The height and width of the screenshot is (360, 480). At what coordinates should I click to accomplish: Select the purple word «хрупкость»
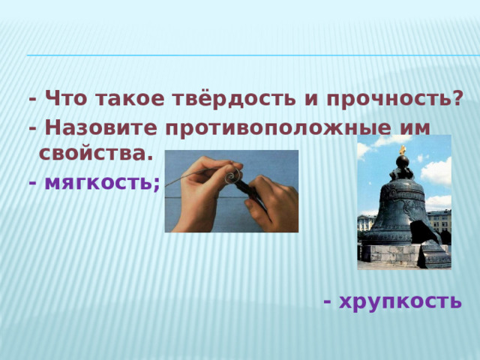[x=400, y=301]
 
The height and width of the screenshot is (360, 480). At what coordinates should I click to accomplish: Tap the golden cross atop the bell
[x=403, y=151]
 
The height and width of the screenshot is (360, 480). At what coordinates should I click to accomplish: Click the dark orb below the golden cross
[x=403, y=163]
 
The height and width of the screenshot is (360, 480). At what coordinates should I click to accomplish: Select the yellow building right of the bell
[x=439, y=222]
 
